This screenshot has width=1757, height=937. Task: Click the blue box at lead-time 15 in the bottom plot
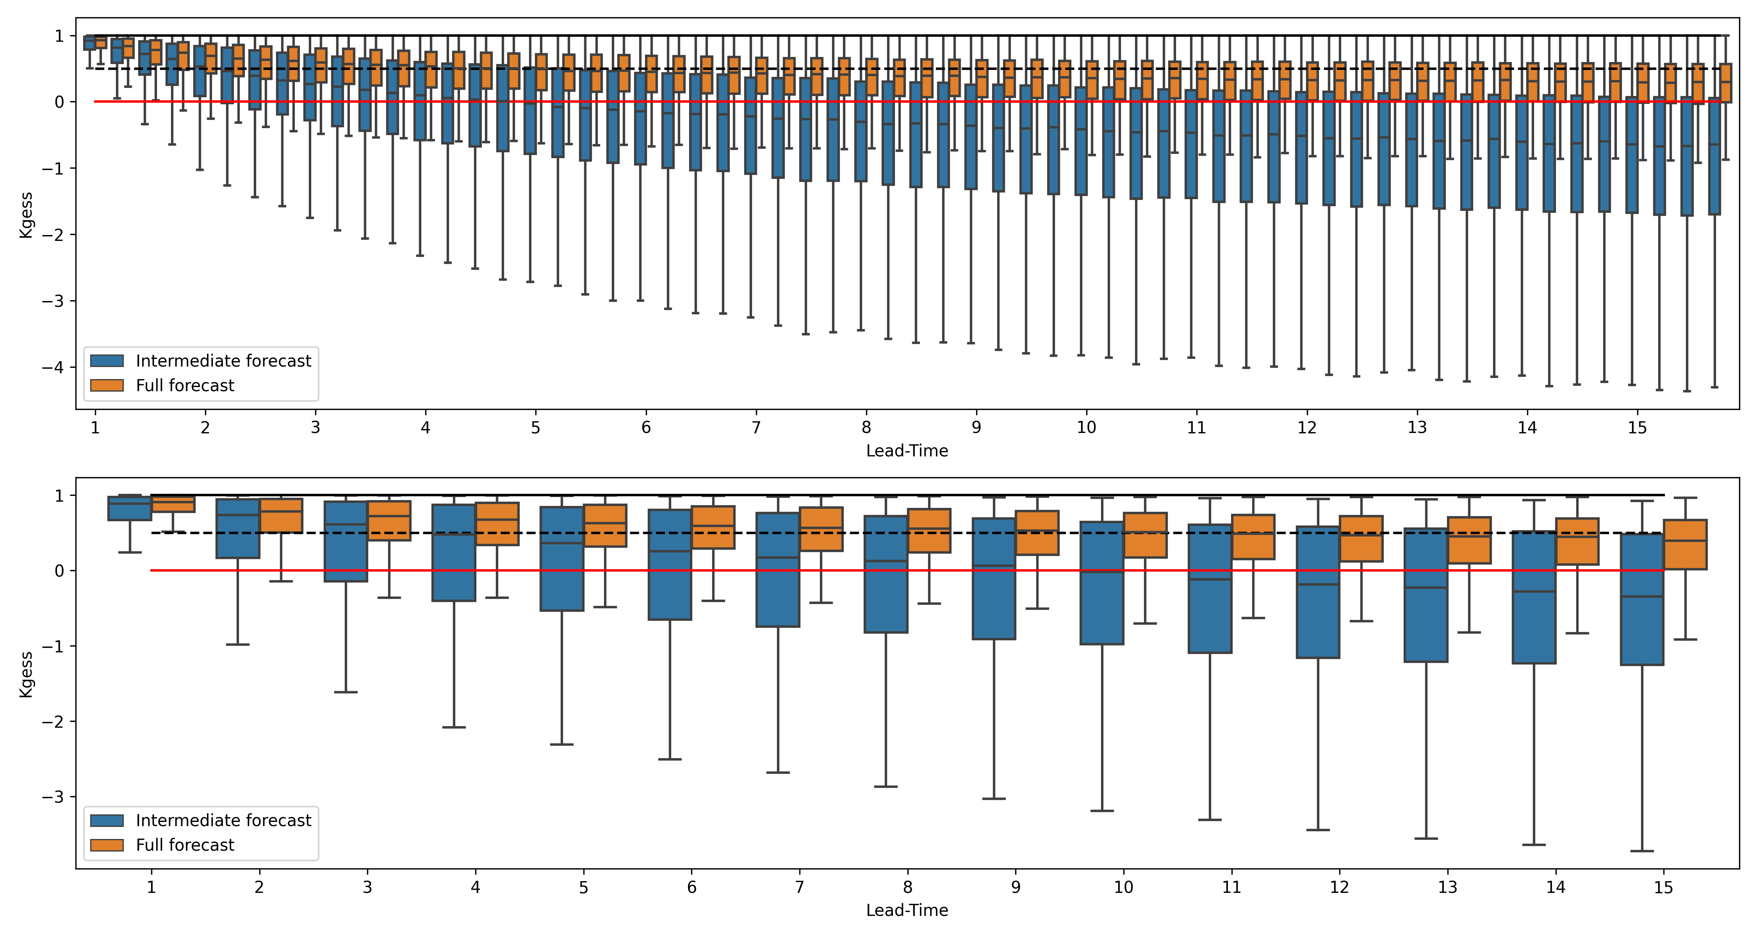pyautogui.click(x=1642, y=599)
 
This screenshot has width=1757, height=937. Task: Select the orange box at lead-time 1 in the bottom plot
pyautogui.click(x=173, y=504)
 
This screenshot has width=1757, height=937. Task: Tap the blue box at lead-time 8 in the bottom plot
pyautogui.click(x=886, y=574)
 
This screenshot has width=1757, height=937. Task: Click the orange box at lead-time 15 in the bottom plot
pyautogui.click(x=1686, y=544)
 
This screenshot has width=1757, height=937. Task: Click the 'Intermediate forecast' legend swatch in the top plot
pyautogui.click(x=107, y=361)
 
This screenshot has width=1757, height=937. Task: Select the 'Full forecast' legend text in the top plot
pyautogui.click(x=185, y=385)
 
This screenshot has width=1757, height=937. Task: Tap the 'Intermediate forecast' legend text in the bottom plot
pyautogui.click(x=223, y=820)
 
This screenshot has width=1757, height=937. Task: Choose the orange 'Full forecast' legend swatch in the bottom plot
pyautogui.click(x=107, y=845)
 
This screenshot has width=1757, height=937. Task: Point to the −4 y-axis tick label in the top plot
pyautogui.click(x=53, y=367)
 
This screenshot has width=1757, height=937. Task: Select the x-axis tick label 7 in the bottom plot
pyautogui.click(x=799, y=887)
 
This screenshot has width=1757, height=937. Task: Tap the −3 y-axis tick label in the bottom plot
pyautogui.click(x=53, y=796)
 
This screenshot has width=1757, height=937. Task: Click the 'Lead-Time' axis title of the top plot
pyautogui.click(x=907, y=451)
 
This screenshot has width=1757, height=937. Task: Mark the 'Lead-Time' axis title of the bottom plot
pyautogui.click(x=907, y=910)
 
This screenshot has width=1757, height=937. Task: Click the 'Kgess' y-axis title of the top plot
pyautogui.click(x=26, y=215)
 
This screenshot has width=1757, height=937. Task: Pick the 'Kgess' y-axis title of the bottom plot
pyautogui.click(x=26, y=675)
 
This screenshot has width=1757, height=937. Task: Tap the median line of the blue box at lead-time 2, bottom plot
pyautogui.click(x=237, y=515)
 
